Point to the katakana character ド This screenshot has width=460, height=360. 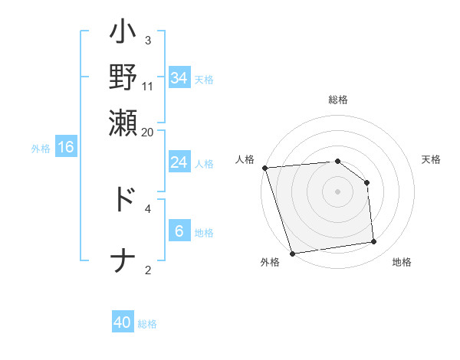point(123,198)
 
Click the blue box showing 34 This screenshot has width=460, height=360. point(179,77)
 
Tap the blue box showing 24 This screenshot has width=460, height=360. point(179,162)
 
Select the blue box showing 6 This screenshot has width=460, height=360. point(179,231)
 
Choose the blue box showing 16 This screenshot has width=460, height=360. point(66,147)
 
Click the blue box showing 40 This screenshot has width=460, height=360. point(123,322)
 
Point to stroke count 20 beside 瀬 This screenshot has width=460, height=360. point(147,131)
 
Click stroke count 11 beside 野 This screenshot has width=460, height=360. point(147,86)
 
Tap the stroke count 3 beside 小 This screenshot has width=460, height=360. point(147,40)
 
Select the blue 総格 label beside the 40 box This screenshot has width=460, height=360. point(147,324)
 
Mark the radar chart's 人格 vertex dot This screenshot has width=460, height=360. point(264,168)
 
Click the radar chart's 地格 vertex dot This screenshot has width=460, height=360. point(374,242)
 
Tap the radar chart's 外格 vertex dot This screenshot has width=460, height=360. point(292,254)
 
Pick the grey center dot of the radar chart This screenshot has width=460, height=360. point(337,191)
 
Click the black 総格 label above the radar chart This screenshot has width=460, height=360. point(337,100)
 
